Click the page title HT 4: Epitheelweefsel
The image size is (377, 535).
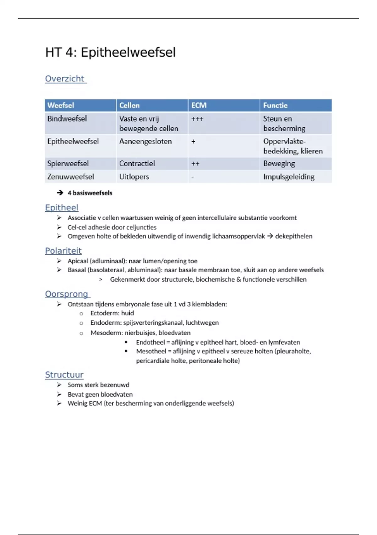[x=110, y=52]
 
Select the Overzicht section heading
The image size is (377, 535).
[x=65, y=79]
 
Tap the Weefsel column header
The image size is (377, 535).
[x=61, y=105]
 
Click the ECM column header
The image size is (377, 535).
[x=199, y=105]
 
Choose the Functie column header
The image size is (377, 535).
[x=275, y=105]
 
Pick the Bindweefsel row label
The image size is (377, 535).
[x=67, y=119]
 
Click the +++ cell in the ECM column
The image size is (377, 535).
[x=197, y=119]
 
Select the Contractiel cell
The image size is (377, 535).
[x=137, y=164]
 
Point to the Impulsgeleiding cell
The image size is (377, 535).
[x=289, y=177]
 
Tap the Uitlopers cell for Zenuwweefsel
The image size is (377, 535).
[x=134, y=177]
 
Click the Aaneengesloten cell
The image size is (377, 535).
[x=145, y=141]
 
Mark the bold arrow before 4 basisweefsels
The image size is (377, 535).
[x=60, y=193]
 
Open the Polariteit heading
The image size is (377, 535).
[x=63, y=251]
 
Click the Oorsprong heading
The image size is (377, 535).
[x=67, y=294]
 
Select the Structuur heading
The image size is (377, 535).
[x=64, y=375]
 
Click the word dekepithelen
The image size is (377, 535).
[x=294, y=236]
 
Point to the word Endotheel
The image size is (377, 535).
[x=150, y=342]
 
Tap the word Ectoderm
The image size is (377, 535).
[x=104, y=313]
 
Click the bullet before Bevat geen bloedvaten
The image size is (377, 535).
[x=59, y=394]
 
